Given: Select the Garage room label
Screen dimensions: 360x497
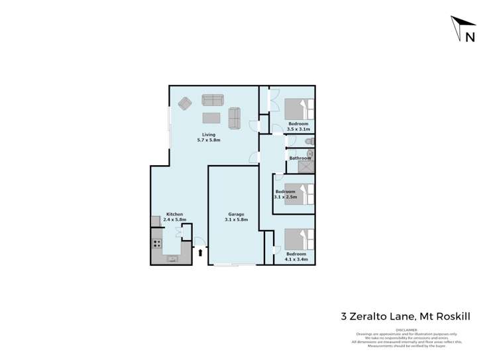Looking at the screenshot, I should (x=237, y=214).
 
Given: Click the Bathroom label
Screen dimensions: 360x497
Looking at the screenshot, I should (x=300, y=158).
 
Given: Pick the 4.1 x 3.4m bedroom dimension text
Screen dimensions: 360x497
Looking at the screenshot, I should (x=296, y=259).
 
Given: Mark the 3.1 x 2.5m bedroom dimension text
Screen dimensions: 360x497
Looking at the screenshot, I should (x=286, y=197).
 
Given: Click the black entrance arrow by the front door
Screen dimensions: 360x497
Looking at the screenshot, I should (x=200, y=252).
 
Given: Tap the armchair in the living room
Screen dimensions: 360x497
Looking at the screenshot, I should (x=185, y=103).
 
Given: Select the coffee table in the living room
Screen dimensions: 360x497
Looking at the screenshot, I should (x=211, y=118).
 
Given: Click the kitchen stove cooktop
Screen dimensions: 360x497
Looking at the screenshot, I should (x=157, y=243).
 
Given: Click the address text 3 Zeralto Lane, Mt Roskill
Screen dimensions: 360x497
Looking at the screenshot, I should (x=406, y=316).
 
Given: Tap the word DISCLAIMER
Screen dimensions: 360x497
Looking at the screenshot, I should (x=406, y=330).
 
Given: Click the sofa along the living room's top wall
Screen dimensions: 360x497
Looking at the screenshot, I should (x=213, y=100).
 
